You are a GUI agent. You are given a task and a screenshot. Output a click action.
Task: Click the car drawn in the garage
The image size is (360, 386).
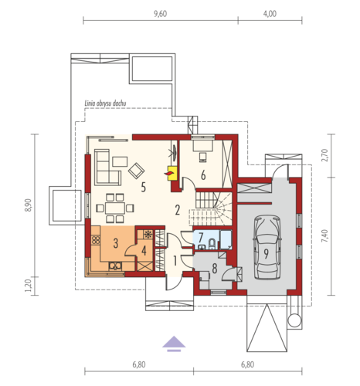267,248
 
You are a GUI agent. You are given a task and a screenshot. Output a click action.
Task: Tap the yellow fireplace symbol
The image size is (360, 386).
172,173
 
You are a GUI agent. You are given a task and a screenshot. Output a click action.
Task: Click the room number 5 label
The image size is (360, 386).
144,187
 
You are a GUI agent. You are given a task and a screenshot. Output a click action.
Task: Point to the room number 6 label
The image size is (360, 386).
203,175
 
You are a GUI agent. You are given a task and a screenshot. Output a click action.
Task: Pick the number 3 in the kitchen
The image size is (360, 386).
116,243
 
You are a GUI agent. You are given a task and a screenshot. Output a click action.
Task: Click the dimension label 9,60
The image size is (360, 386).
160,14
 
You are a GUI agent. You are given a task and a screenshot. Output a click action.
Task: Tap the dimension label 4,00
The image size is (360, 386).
270,14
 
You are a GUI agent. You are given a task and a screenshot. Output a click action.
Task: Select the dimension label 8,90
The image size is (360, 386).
28,205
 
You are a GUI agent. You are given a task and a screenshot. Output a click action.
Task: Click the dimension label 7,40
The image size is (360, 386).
325,236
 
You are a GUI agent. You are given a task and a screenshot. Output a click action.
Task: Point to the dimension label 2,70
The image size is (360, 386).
325,155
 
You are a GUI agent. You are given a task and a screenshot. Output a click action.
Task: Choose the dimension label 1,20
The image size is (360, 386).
28,286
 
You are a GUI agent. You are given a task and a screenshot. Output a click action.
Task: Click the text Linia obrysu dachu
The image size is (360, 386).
105,103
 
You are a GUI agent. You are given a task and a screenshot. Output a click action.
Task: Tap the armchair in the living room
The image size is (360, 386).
136,171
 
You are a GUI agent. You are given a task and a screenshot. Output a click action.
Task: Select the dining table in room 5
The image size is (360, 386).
115,208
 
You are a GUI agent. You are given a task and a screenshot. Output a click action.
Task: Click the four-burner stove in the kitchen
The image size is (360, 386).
96,240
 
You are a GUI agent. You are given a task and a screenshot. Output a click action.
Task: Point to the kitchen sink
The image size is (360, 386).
115,266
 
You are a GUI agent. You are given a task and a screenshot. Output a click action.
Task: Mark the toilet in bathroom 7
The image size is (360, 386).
212,244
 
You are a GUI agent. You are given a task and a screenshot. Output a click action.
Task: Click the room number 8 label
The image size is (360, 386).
214,269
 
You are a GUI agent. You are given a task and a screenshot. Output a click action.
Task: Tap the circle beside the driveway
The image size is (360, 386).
294,320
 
